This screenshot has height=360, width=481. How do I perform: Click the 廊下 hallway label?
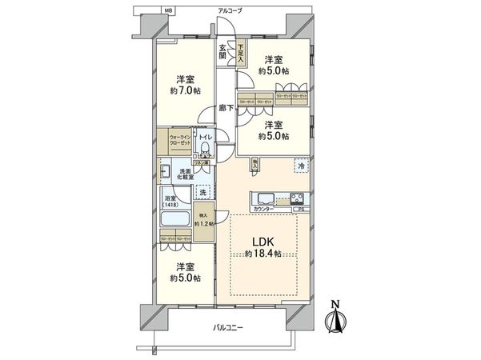point(226,108)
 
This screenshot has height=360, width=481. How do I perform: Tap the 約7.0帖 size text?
point(185,90)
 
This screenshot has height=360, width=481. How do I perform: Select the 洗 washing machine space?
point(202,193)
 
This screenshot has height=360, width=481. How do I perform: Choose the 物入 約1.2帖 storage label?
point(203,218)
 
